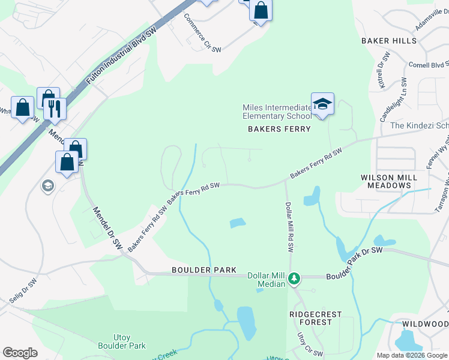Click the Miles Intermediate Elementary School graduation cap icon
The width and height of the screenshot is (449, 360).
[322, 104]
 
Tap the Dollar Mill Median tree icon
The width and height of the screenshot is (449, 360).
[294, 278]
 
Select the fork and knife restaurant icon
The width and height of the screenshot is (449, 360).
[55, 108]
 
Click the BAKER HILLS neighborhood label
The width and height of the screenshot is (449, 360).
[388, 41]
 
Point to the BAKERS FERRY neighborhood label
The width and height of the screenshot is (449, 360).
[280, 129]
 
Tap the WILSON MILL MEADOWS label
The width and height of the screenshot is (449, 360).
[386, 181]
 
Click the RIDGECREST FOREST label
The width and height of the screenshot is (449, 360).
[315, 318]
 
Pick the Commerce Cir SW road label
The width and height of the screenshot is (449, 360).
[202, 33]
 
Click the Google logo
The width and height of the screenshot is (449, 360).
[20, 353]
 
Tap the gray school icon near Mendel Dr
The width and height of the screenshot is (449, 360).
[46, 186]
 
